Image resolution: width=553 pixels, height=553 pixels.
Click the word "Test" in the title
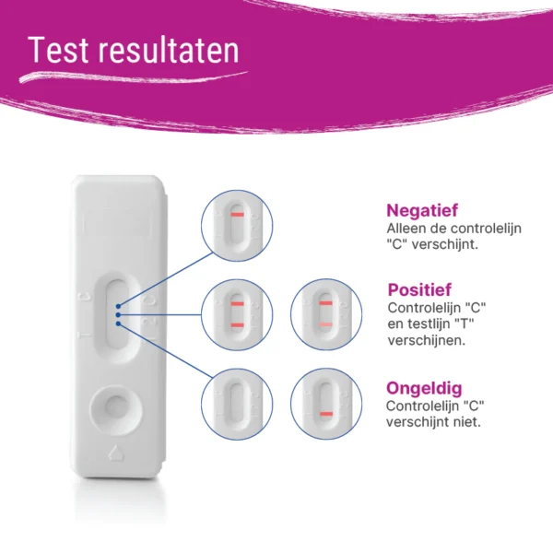pyautogui.click(x=58, y=50)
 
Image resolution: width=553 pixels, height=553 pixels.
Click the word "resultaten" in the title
pyautogui.click(x=169, y=50)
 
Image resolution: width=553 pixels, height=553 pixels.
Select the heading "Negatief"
pyautogui.click(x=422, y=210)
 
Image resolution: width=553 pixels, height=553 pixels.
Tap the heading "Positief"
pyautogui.click(x=419, y=290)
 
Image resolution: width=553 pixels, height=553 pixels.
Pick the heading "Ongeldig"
pyautogui.click(x=424, y=388)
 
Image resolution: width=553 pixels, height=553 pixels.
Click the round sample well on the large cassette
pyautogui.click(x=116, y=410)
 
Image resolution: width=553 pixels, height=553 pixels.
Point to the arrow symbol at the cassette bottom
pyautogui.click(x=115, y=453)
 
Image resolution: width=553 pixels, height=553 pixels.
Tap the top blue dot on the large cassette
pyautogui.click(x=118, y=306)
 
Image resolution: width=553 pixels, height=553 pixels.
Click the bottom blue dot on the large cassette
pyautogui.click(x=118, y=324)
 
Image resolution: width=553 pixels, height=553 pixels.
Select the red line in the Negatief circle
pyautogui.click(x=238, y=215)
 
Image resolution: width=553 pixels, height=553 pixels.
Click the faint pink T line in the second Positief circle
pyautogui.click(x=326, y=324)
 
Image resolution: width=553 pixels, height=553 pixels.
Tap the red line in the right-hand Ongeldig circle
pyautogui.click(x=326, y=414)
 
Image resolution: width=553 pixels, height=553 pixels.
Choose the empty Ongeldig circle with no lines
pyautogui.click(x=237, y=404)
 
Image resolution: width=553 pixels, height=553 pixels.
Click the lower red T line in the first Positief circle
pyautogui.click(x=238, y=325)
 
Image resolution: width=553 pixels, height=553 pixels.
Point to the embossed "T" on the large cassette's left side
pyautogui.click(x=85, y=335)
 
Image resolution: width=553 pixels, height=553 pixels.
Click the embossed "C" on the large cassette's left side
pyautogui.click(x=85, y=297)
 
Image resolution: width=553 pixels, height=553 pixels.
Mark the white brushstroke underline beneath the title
pyautogui.click(x=134, y=76)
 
